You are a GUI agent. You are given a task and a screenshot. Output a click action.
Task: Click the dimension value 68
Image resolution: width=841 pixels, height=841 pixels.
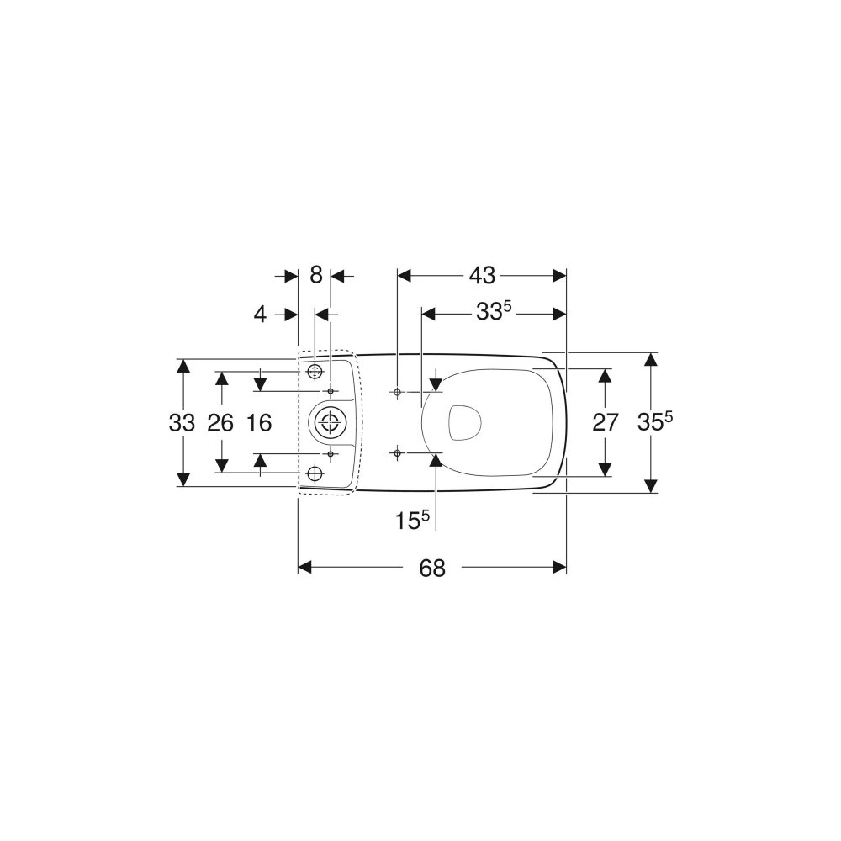click(432, 568)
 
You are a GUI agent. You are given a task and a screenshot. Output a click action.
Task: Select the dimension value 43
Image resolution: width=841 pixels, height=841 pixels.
click(482, 276)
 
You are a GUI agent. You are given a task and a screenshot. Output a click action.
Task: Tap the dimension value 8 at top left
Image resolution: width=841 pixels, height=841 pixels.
click(316, 276)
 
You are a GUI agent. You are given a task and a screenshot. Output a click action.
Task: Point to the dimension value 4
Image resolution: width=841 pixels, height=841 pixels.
click(260, 315)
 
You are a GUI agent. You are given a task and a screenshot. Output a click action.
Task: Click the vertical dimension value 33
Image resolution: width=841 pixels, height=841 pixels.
click(182, 423)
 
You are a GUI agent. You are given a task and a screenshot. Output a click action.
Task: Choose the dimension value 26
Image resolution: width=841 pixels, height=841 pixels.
click(220, 423)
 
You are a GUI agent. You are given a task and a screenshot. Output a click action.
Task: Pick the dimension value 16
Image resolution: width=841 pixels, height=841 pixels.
click(259, 423)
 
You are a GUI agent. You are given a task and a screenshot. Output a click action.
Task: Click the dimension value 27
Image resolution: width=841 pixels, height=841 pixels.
click(606, 423)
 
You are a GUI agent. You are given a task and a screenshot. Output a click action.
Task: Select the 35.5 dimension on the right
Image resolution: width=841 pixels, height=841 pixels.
click(655, 421)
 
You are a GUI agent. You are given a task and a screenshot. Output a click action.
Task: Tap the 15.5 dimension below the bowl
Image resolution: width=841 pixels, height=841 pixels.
click(412, 520)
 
